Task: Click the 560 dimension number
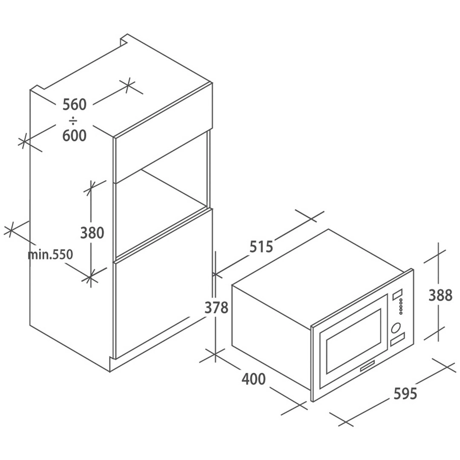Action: tap(75, 104)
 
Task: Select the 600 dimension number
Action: tap(75, 135)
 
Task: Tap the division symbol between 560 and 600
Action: tap(74, 120)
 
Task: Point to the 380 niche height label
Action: tap(92, 233)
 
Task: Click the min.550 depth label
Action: tap(50, 254)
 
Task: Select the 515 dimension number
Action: tap(261, 247)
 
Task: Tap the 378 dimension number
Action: tap(216, 308)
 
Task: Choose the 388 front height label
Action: tap(440, 296)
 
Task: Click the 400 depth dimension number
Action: tap(253, 379)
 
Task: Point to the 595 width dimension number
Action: tap(405, 394)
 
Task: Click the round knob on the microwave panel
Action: tap(396, 328)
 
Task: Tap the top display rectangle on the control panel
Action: tap(397, 295)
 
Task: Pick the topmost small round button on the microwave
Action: tap(400, 300)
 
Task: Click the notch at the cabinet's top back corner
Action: tap(125, 40)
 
